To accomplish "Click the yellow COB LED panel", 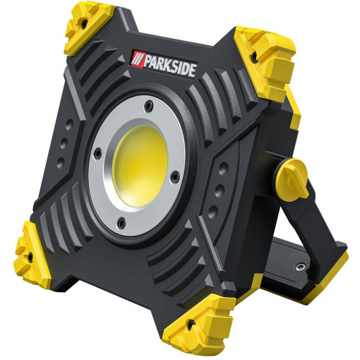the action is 140,167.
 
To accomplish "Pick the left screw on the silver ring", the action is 97,153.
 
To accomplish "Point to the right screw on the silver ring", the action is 175,175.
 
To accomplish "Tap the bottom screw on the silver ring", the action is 121,222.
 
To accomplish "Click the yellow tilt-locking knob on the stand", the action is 293,179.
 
